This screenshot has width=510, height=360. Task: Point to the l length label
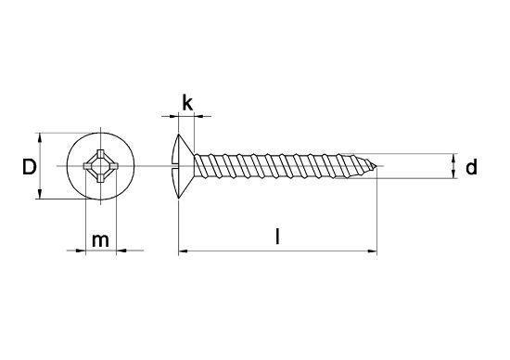coord(279,238)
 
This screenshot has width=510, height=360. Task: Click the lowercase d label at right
coord(472,167)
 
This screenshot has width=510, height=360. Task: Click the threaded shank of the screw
coord(278,167)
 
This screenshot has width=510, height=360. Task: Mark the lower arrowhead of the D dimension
coord(40,195)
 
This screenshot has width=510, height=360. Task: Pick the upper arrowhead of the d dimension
coord(452,158)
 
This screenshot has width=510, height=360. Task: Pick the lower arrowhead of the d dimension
coord(452,177)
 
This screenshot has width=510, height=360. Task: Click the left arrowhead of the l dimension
coord(182,251)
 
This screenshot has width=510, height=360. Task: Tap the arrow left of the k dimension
coord(171,117)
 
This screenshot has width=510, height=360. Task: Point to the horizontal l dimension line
coord(278,251)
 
